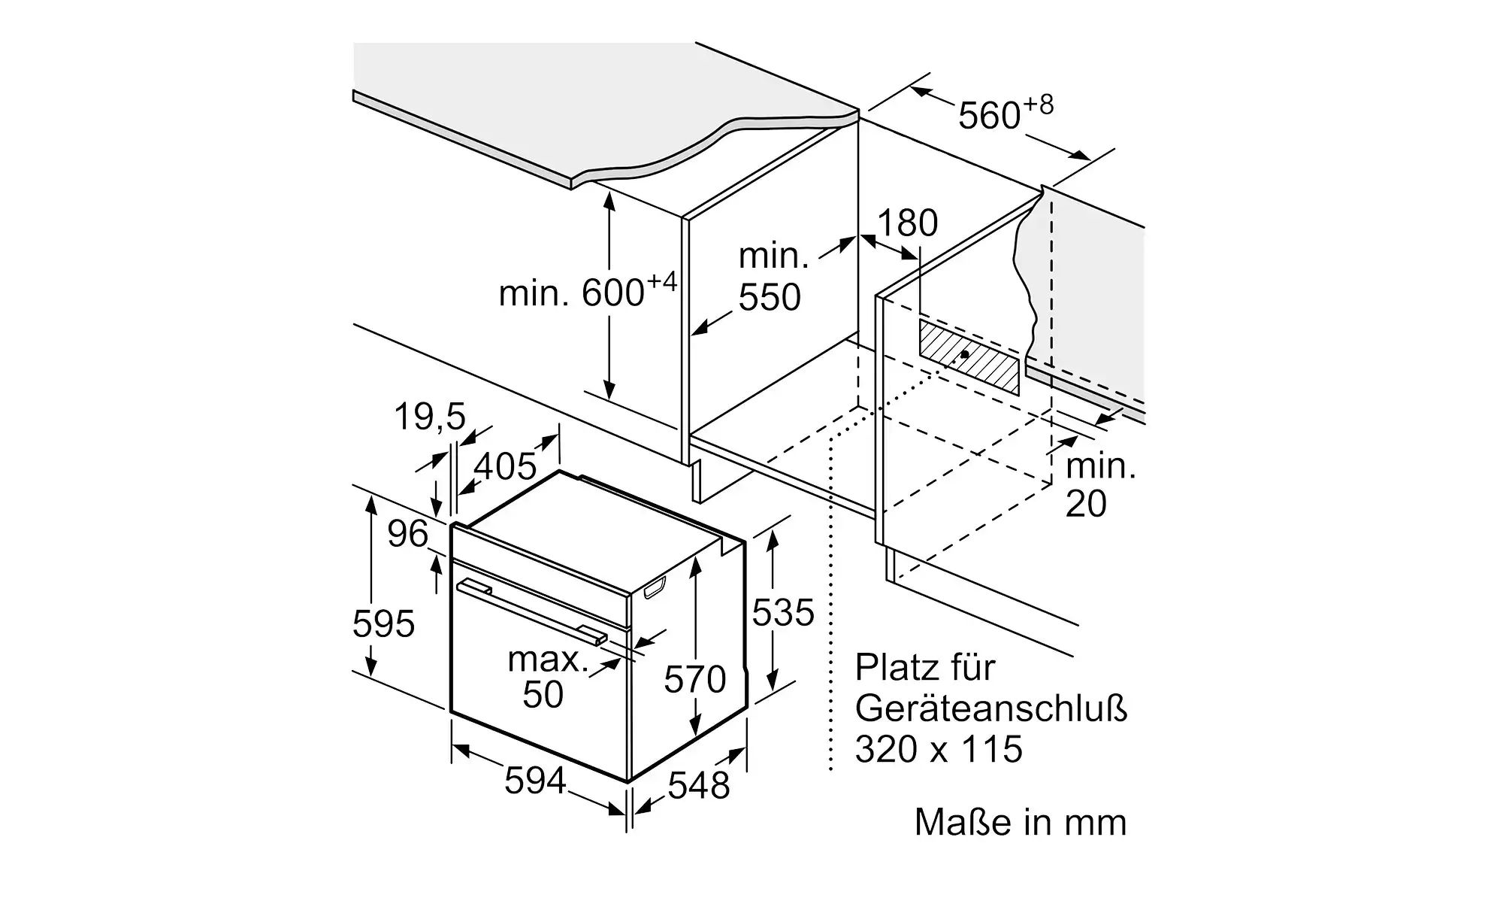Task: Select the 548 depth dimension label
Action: click(x=699, y=785)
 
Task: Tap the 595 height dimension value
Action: click(x=383, y=623)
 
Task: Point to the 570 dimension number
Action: click(x=695, y=679)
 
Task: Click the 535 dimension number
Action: click(x=783, y=612)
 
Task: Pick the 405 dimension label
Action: click(x=505, y=466)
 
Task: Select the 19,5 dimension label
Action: click(x=430, y=416)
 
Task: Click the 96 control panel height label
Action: click(x=407, y=533)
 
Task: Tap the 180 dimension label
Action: click(x=908, y=223)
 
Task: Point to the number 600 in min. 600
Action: click(x=613, y=293)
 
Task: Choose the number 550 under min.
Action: click(x=770, y=297)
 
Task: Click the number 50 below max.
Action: click(x=543, y=694)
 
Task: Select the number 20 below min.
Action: click(x=1086, y=503)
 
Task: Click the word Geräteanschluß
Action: click(x=991, y=709)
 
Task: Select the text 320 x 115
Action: click(x=939, y=749)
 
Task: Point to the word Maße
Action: click(x=963, y=822)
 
